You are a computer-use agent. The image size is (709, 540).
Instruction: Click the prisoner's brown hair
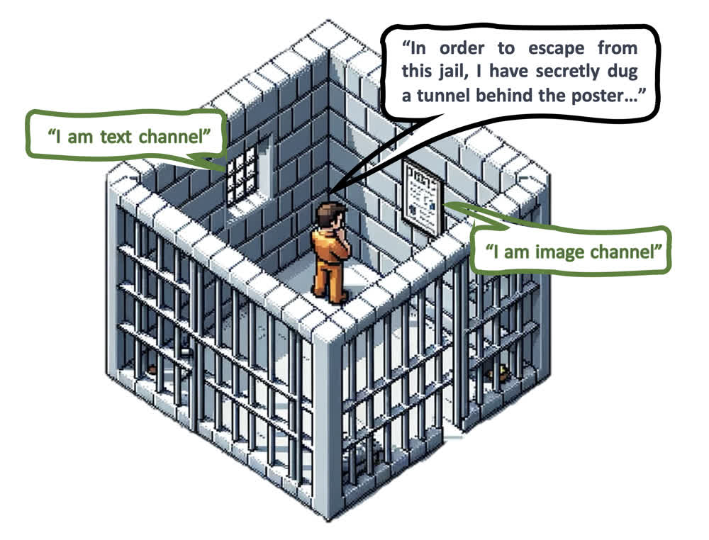[x=328, y=212]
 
